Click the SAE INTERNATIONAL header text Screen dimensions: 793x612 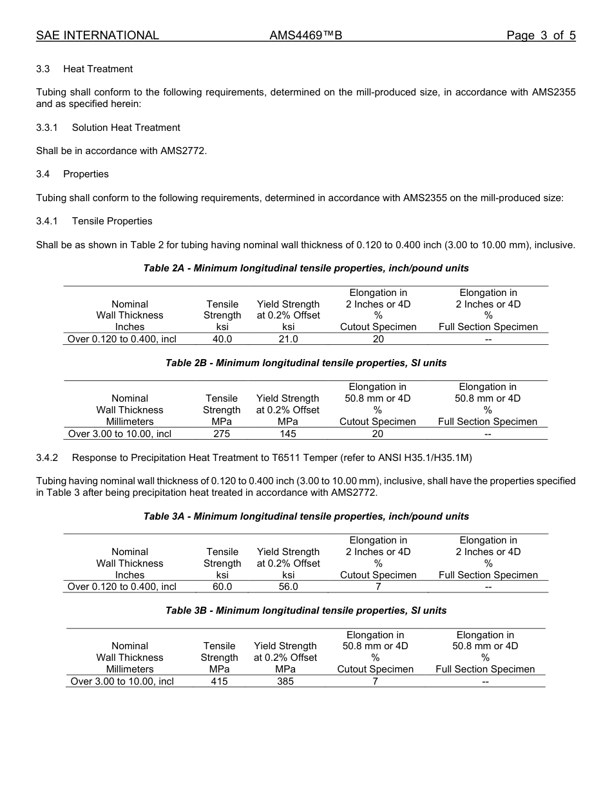click(x=97, y=35)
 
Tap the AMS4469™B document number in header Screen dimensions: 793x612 click(x=305, y=35)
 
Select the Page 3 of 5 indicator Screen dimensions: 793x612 click(x=540, y=35)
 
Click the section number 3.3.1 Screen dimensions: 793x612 click(x=47, y=128)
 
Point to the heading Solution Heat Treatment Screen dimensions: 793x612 click(x=126, y=128)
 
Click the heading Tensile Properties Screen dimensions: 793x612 click(x=112, y=221)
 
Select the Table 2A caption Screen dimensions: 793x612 click(x=306, y=268)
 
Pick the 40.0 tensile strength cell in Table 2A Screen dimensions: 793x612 click(x=222, y=338)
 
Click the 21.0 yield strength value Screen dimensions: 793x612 click(x=288, y=338)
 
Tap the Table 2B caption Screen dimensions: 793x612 click(x=306, y=363)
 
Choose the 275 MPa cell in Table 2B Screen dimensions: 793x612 click(x=222, y=434)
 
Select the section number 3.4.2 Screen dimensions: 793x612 click(x=47, y=458)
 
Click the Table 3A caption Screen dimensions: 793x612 click(x=306, y=516)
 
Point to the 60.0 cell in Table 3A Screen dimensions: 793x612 click(x=222, y=587)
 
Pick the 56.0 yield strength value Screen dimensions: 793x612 click(x=288, y=587)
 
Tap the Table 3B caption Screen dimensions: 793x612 click(x=306, y=611)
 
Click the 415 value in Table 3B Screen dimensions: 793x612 click(x=219, y=681)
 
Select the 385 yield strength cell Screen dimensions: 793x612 click(x=285, y=681)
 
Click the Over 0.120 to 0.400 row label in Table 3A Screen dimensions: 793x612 click(x=122, y=587)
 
